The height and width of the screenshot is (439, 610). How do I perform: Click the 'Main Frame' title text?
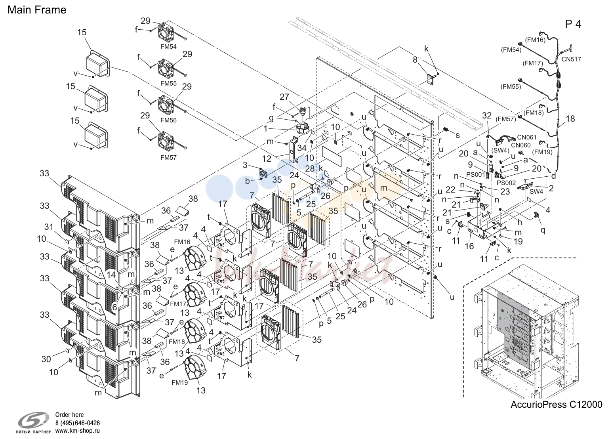coord(37,10)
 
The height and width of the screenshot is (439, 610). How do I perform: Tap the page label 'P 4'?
coord(573,24)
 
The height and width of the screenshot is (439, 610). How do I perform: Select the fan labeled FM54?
coord(166,34)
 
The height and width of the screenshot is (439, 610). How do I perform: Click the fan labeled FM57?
coord(166,141)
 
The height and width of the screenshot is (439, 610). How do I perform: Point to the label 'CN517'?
coord(571,59)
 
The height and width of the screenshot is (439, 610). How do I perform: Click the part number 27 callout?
coord(284,97)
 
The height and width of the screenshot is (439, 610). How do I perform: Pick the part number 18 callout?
coord(570,118)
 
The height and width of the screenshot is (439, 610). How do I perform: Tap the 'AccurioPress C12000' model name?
coord(557,405)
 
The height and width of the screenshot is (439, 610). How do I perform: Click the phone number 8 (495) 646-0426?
coord(78,423)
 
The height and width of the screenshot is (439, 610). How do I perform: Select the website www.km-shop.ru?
coord(78,431)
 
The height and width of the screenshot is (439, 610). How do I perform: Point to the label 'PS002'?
coord(506,183)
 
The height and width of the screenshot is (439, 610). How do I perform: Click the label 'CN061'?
coord(527,137)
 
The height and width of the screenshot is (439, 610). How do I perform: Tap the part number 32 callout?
coord(487,115)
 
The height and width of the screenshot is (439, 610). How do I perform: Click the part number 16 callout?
coord(469,246)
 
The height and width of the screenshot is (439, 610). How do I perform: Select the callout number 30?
coord(46,359)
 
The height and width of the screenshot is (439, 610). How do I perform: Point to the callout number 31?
coord(49,227)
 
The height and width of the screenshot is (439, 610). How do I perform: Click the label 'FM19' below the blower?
coord(180,382)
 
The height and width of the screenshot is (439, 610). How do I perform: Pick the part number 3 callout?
coord(245,165)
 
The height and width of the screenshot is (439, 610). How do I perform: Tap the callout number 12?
coord(267,158)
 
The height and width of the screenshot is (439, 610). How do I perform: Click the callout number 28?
coord(310,168)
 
